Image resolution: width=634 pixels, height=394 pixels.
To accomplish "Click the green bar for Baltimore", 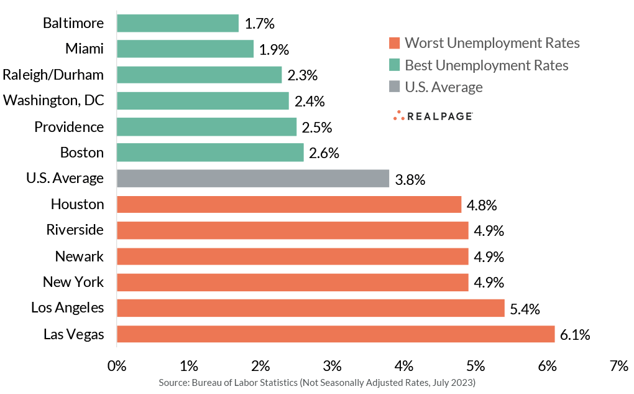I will point(177,24).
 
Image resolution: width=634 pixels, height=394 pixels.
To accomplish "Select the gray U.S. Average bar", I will point(252,179).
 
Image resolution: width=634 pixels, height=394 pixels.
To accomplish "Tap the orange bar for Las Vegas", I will point(335,334).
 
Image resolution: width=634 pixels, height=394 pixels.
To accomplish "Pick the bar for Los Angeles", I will point(310,308).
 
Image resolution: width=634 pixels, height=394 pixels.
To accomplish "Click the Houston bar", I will point(288,205).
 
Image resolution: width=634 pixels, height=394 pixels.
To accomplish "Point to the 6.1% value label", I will point(575,334).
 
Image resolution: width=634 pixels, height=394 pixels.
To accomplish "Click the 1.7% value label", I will point(260,24).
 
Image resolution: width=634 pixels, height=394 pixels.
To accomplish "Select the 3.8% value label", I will point(410,179).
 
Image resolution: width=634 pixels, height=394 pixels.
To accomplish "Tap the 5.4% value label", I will point(525,308).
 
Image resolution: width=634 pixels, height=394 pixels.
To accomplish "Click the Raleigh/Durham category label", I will point(53,75).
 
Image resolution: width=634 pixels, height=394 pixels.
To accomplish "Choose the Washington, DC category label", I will point(53,101).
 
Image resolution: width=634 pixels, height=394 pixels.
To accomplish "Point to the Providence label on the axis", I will point(69,127).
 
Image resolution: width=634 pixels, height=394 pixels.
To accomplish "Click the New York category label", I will point(73,282).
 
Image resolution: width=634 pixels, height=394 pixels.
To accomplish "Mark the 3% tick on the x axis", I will point(333,365).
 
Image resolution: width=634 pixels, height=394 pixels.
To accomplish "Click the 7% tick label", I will point(620,365).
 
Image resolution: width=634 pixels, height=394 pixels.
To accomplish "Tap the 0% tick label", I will point(117,365).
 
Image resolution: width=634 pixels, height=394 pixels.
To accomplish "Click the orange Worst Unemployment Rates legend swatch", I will point(393,43).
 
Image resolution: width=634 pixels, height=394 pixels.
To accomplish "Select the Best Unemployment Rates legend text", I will point(487,65).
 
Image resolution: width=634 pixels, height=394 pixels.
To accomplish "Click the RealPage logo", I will point(433,116).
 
